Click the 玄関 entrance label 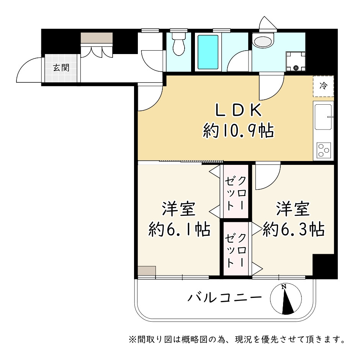(61, 67)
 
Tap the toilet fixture (178, 44)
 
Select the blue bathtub (208, 52)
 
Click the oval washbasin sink (263, 41)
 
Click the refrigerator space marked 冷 (323, 86)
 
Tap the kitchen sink (323, 117)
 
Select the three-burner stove (324, 150)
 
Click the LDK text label (238, 110)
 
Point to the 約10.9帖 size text (238, 131)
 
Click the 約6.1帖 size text (179, 229)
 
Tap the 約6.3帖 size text (294, 229)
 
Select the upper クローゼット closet (236, 191)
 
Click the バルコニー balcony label (225, 298)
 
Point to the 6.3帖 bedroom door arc (273, 182)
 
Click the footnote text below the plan (237, 339)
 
